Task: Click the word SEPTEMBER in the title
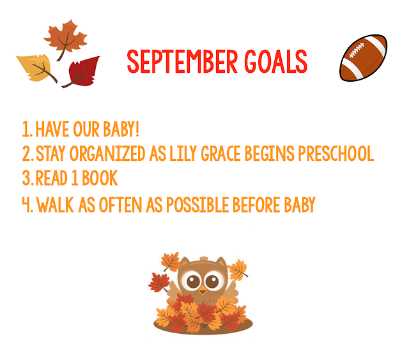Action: pyautogui.click(x=182, y=61)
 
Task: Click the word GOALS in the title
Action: pyautogui.click(x=275, y=61)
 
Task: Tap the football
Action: pyautogui.click(x=363, y=58)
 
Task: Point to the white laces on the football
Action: pyautogui.click(x=357, y=50)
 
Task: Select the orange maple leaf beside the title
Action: pyautogui.click(x=66, y=38)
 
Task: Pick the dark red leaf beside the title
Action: pyautogui.click(x=82, y=71)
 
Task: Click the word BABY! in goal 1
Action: pyautogui.click(x=121, y=129)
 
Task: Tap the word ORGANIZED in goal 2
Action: pyautogui.click(x=107, y=153)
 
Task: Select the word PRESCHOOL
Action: pyautogui.click(x=336, y=153)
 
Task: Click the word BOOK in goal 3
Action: pyautogui.click(x=100, y=178)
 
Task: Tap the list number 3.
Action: pyautogui.click(x=26, y=178)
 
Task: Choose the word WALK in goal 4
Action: pyautogui.click(x=56, y=205)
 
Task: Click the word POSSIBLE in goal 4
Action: pyautogui.click(x=197, y=205)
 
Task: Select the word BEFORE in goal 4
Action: pyautogui.click(x=256, y=205)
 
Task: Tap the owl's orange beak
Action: pyautogui.click(x=203, y=290)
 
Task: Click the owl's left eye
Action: pyautogui.click(x=193, y=281)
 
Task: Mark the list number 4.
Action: pyautogui.click(x=26, y=205)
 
